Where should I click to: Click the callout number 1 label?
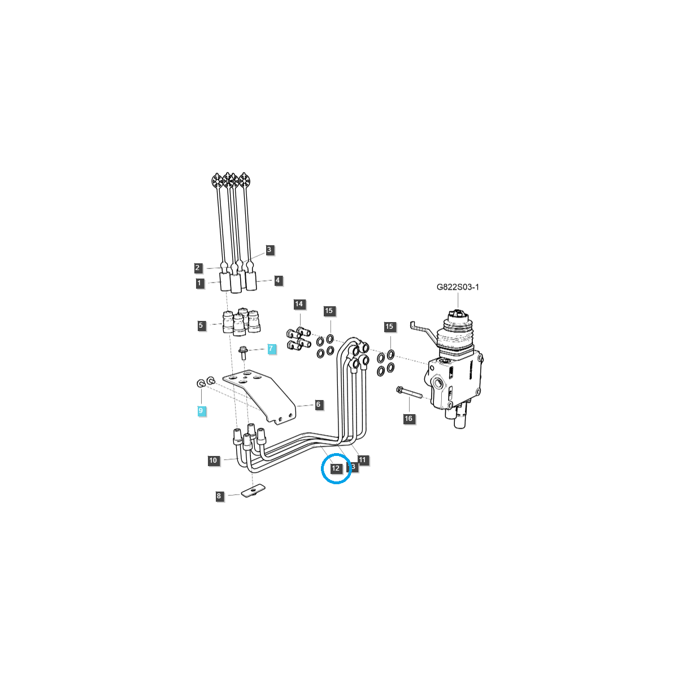tap(200, 283)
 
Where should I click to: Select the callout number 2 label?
tap(198, 268)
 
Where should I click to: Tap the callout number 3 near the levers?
tap(269, 249)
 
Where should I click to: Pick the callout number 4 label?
tap(277, 280)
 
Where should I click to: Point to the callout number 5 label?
tap(201, 325)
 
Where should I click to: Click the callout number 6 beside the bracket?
tap(318, 405)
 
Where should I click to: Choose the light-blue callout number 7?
tap(271, 349)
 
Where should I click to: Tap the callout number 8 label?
tap(219, 496)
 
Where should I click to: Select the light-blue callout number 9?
tap(201, 411)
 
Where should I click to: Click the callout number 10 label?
tap(213, 460)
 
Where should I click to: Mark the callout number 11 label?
tap(363, 460)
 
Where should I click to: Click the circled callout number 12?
tap(336, 468)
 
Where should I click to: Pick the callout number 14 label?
tap(299, 304)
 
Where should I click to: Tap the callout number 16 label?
tap(408, 419)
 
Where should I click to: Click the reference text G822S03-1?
tap(458, 287)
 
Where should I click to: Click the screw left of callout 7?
tap(243, 353)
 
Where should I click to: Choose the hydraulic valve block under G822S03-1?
tap(454, 379)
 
